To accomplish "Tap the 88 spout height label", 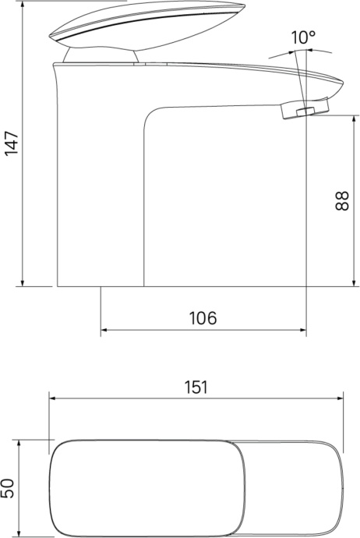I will [341, 199].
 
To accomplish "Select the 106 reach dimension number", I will [203, 317].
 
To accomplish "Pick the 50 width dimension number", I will [9, 489].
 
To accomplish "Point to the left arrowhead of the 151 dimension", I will [54, 398].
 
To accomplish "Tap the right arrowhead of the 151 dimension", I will [340, 398].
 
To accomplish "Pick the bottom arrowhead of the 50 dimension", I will [22, 533].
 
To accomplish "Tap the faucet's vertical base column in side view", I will [101, 195].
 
